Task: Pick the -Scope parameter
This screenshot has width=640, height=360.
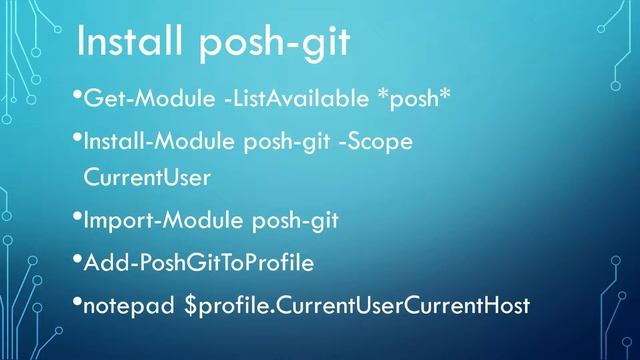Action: pos(376,142)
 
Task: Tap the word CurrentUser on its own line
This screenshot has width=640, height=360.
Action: pos(147,177)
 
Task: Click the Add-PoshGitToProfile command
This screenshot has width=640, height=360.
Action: pos(199,263)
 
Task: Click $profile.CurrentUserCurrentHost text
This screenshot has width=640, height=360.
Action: pos(356,305)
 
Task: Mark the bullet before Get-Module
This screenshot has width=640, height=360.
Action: pos(78,96)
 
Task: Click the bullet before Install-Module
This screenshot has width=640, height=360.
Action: pos(78,138)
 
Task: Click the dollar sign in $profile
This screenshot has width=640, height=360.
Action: pos(191,305)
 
